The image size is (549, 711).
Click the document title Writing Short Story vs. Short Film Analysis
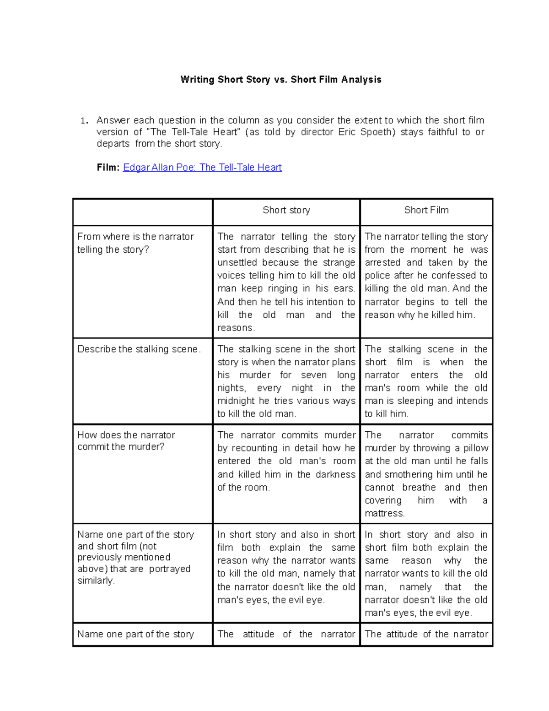click(x=280, y=80)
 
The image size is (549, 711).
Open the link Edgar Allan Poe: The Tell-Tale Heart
click(x=202, y=168)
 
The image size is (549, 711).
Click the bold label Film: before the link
click(x=108, y=168)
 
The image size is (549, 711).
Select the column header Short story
click(x=286, y=210)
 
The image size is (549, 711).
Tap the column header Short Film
click(x=426, y=210)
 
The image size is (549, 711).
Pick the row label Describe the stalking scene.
click(x=139, y=349)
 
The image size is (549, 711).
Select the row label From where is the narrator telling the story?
click(x=135, y=243)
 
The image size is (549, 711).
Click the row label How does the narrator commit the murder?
click(x=126, y=440)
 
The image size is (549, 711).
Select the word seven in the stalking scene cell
click(x=313, y=375)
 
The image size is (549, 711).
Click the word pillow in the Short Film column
click(x=476, y=448)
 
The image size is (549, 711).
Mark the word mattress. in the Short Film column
click(x=385, y=513)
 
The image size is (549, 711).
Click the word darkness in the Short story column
click(x=335, y=474)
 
